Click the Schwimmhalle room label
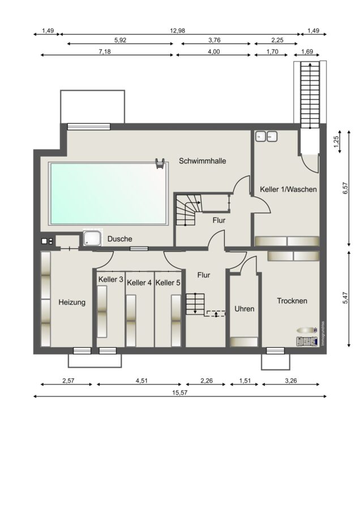[203, 161]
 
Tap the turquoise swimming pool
[109, 193]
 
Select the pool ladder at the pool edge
[160, 163]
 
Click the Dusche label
[119, 239]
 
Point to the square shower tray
[92, 238]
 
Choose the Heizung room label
[72, 302]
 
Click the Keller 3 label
[111, 279]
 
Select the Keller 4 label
[139, 283]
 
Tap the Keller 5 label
[168, 283]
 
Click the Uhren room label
[245, 309]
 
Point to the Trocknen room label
[292, 301]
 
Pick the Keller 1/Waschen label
[288, 189]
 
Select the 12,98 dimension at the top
[177, 31]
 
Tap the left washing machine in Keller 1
[260, 137]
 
